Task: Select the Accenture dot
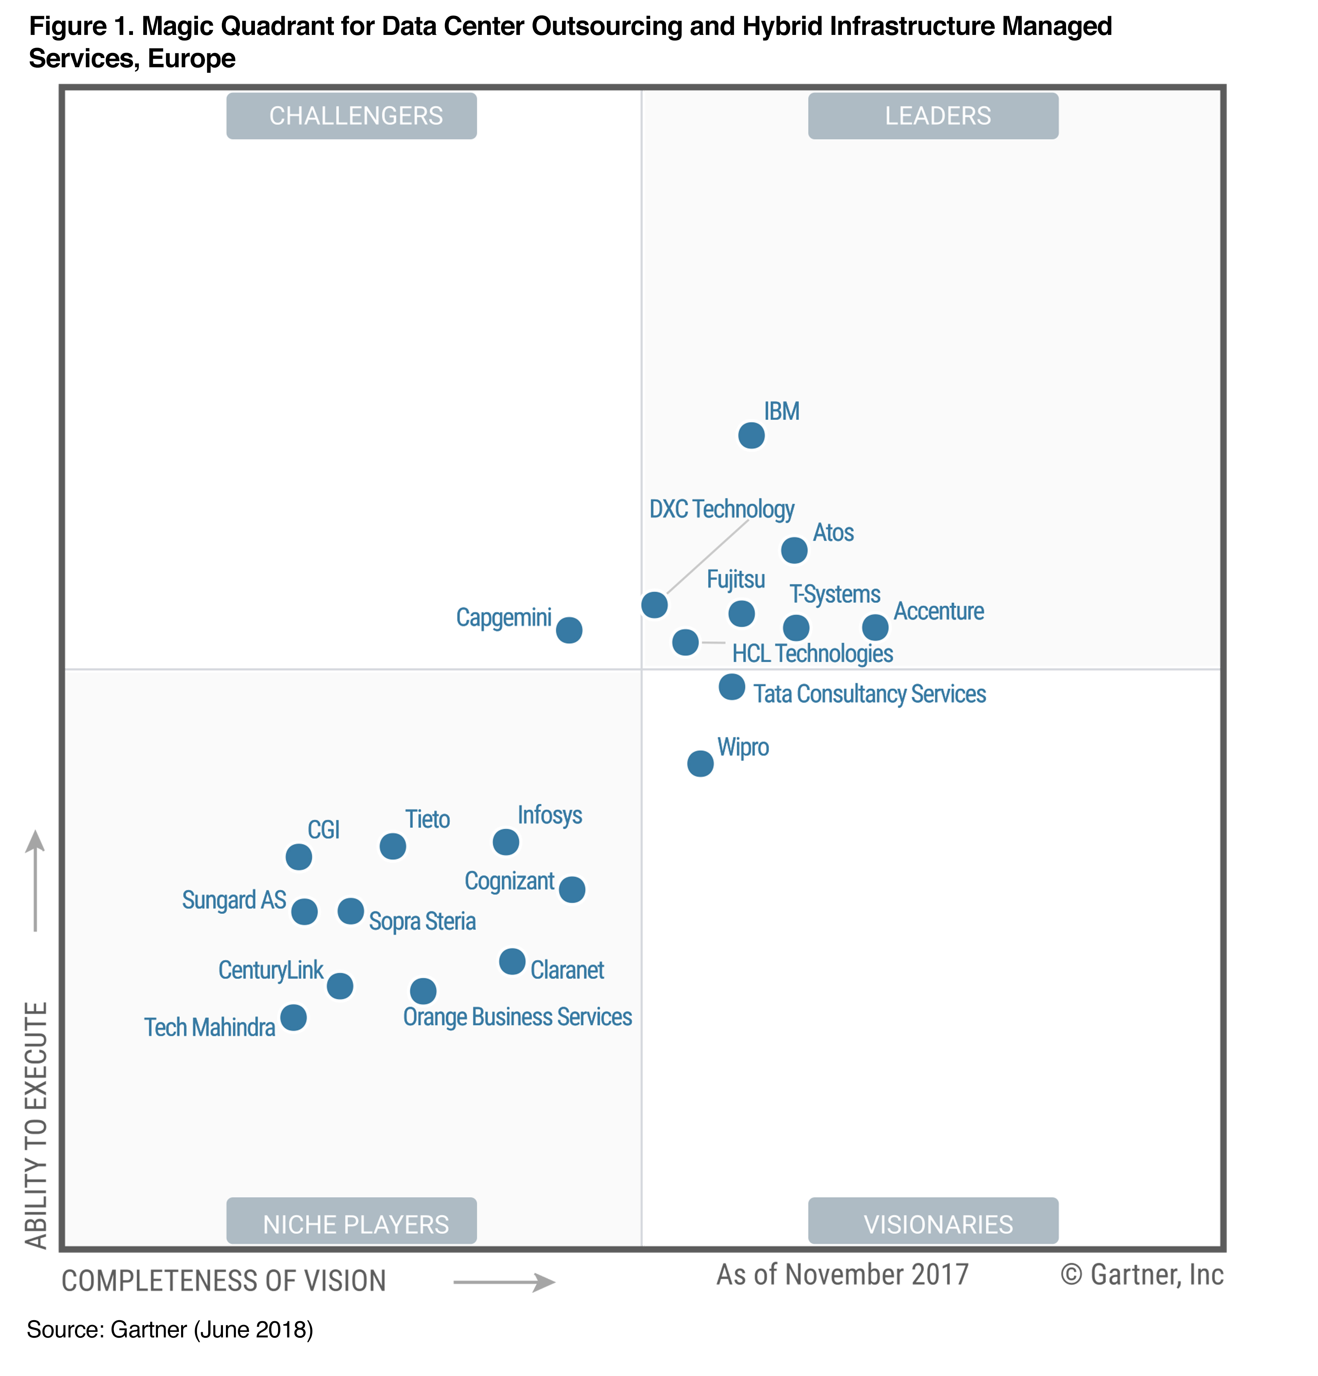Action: coord(875,627)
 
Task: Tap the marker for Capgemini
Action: coord(569,630)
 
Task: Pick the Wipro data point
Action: coord(700,763)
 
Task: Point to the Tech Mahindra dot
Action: coord(294,1017)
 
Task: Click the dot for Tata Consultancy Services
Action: coord(731,687)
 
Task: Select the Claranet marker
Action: coord(512,961)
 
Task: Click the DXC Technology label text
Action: coord(721,509)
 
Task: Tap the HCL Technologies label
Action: coord(812,653)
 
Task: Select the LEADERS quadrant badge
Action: coord(933,116)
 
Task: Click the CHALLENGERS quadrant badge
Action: coord(352,116)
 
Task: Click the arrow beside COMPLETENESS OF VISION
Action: coord(504,1282)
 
